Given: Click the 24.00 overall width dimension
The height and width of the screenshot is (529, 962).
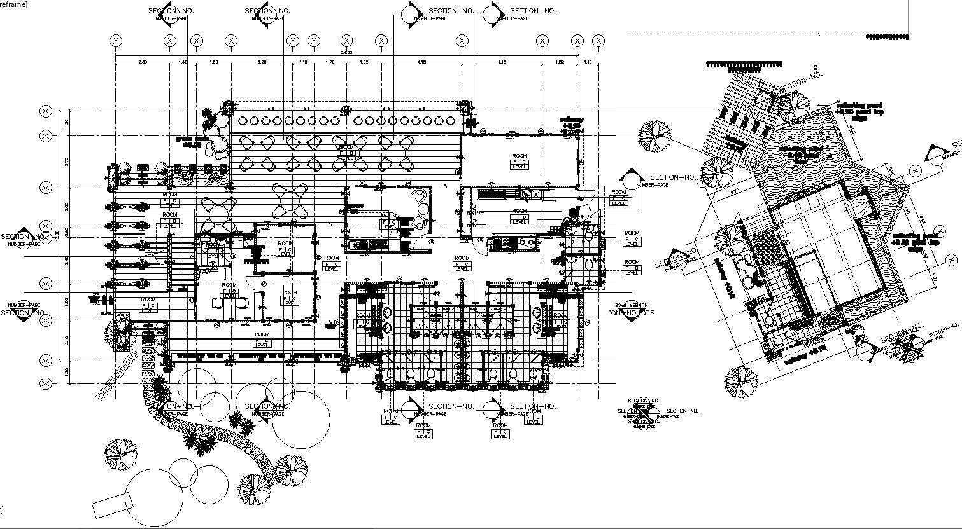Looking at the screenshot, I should pos(346,52).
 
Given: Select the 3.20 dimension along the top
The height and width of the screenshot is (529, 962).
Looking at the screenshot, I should pos(262,62).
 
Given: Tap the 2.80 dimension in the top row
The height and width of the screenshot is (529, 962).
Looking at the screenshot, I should pos(143,62).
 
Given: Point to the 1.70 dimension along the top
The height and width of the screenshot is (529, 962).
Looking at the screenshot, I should pos(330,62).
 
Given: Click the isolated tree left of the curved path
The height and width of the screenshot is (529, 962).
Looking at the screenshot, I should pos(120,453).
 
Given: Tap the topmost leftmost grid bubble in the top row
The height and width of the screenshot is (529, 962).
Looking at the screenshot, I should pos(116,41).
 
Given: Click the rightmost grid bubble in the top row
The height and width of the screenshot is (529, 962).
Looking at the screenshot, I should pos(598,41).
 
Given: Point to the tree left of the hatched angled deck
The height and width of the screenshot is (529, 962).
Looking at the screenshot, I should pos(655,135).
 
